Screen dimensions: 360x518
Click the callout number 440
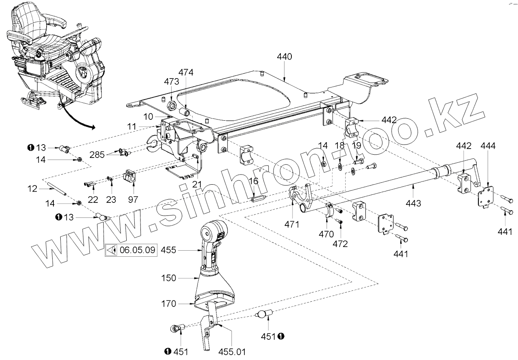coord(284,57)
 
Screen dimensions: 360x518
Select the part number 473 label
coord(171,81)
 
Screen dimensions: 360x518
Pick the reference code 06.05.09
coord(138,250)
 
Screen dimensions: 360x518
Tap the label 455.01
coord(232,351)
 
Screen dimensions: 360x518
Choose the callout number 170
coord(168,303)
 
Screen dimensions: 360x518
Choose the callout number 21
coord(197,184)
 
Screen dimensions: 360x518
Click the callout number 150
coord(168,278)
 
